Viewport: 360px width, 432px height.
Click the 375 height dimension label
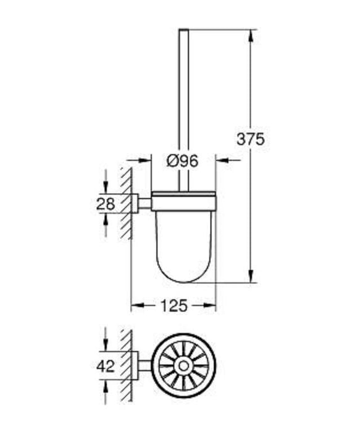point(251,139)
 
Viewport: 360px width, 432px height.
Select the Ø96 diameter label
point(183,161)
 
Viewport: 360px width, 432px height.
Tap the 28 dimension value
point(106,204)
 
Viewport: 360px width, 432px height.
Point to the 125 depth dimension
point(174,306)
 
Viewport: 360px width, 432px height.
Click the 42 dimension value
point(106,366)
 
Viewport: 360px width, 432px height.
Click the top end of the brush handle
point(183,31)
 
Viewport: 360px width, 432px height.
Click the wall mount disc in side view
point(136,203)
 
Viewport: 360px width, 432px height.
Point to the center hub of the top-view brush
point(183,367)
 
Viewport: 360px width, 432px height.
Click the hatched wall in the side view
point(126,204)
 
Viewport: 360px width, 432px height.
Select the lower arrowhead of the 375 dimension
point(251,278)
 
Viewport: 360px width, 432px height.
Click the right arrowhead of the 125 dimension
point(211,306)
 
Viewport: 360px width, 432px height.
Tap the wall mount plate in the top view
point(136,366)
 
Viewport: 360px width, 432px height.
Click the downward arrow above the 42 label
point(106,346)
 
